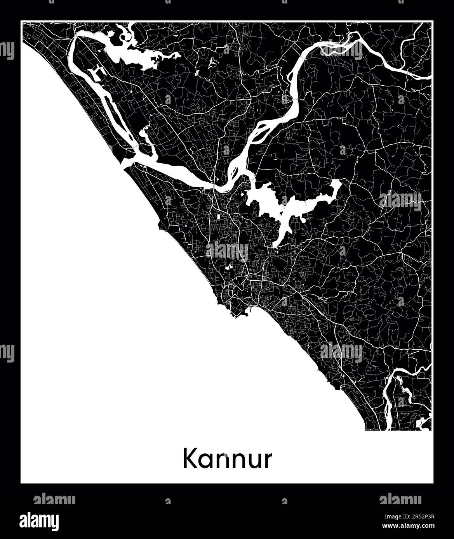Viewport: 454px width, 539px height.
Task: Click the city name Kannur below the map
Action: pos(227,459)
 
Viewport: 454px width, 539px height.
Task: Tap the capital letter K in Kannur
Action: pos(190,459)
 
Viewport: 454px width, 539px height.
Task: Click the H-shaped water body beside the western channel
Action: pos(96,73)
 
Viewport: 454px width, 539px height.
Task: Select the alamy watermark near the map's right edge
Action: pos(400,200)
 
